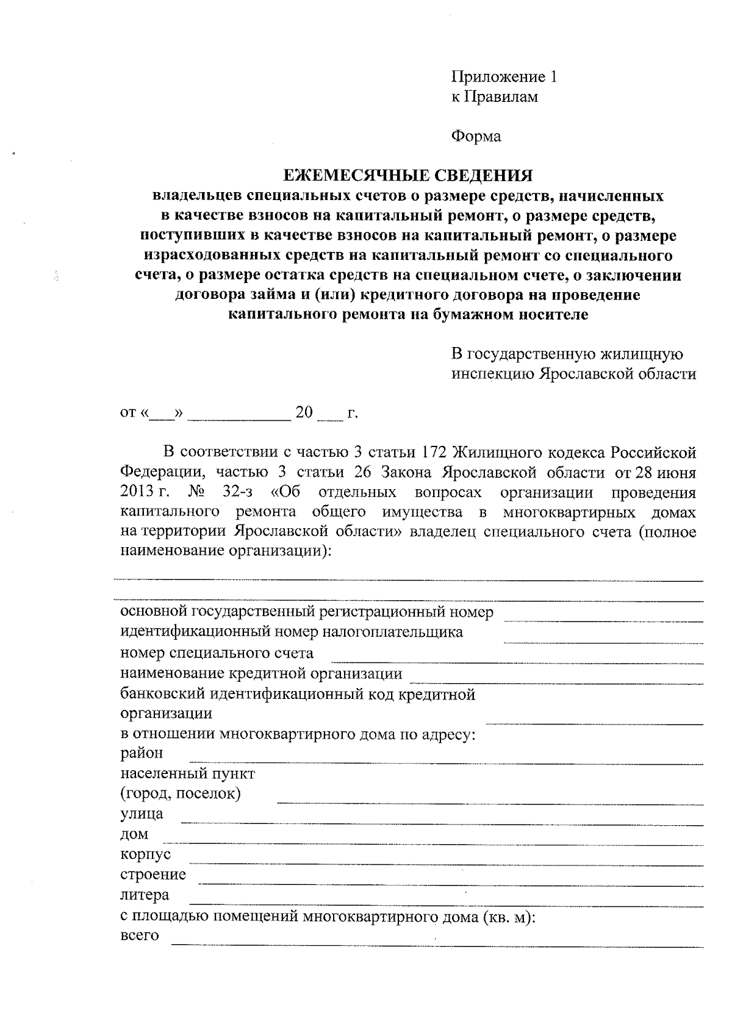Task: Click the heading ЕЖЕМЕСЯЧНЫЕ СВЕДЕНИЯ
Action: [x=408, y=176]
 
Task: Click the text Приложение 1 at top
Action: [x=504, y=77]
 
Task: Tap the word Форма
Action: [x=476, y=136]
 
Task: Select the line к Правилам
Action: [x=494, y=96]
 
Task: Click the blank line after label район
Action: [x=445, y=761]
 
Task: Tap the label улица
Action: [x=142, y=814]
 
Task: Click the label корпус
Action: [x=145, y=854]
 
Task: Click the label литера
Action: [x=145, y=895]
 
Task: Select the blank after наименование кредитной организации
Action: [x=556, y=681]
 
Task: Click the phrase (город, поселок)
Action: [x=181, y=794]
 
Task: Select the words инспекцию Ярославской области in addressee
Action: [x=573, y=374]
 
